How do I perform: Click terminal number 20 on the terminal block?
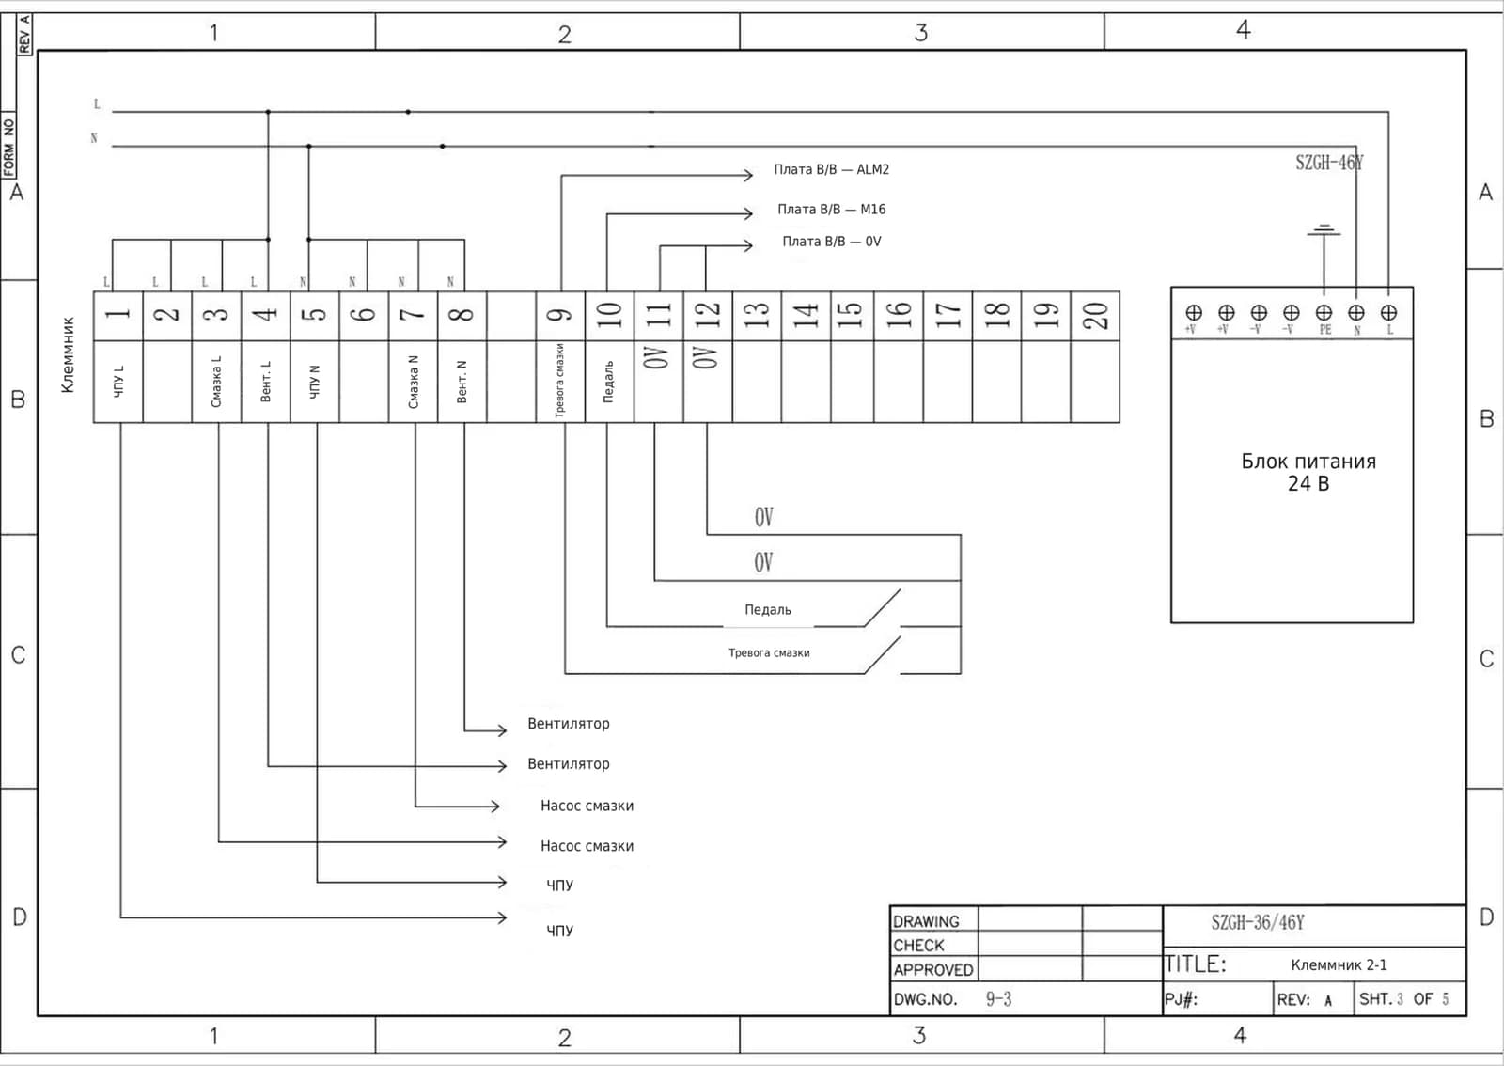(1095, 316)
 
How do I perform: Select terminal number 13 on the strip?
(757, 316)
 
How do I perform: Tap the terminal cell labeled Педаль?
(609, 382)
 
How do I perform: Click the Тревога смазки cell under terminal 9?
(560, 382)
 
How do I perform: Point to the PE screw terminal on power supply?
(1324, 313)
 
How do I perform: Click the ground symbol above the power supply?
(1324, 230)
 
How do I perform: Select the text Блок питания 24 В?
(1308, 472)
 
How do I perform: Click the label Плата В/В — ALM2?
(831, 169)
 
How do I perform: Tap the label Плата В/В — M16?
(831, 210)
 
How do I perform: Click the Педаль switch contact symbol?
(882, 608)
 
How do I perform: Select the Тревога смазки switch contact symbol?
(882, 654)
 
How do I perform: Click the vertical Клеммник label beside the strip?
(67, 355)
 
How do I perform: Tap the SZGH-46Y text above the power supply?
(1329, 163)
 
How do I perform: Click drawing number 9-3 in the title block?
(998, 999)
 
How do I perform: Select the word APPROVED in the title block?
(932, 970)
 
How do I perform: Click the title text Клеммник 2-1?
(1339, 964)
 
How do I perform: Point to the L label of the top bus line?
(97, 104)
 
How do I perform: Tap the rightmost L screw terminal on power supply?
(1388, 313)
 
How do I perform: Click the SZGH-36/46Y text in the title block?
(1258, 922)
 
